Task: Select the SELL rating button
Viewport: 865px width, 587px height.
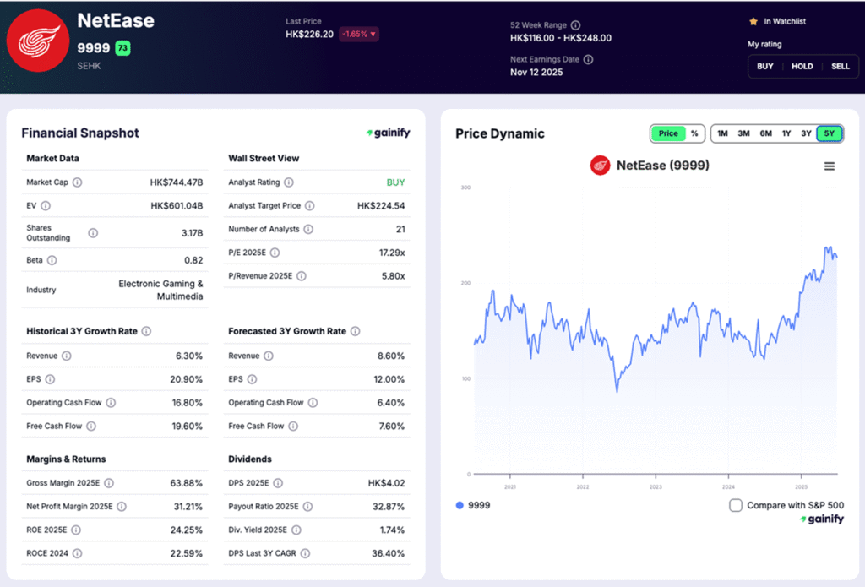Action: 841,66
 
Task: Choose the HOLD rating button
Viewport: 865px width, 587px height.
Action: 802,66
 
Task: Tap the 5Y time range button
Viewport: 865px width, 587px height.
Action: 830,133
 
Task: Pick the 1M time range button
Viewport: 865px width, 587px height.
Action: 722,133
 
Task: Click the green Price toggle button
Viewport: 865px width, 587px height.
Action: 668,133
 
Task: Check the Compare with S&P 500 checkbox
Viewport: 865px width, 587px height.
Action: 736,505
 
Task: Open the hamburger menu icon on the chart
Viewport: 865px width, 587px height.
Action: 830,166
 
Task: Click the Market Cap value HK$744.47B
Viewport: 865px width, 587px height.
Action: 177,182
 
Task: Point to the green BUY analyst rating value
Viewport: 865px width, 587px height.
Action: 395,182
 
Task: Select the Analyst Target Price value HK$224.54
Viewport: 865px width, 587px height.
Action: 381,206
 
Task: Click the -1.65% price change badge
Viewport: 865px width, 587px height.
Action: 359,35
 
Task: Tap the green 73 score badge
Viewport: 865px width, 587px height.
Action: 122,48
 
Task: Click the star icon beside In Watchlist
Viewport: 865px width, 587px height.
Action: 753,21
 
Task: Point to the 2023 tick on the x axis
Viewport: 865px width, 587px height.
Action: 656,487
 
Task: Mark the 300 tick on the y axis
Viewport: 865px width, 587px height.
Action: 465,188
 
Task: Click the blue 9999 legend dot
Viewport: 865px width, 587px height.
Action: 460,505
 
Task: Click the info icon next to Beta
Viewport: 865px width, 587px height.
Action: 52,260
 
